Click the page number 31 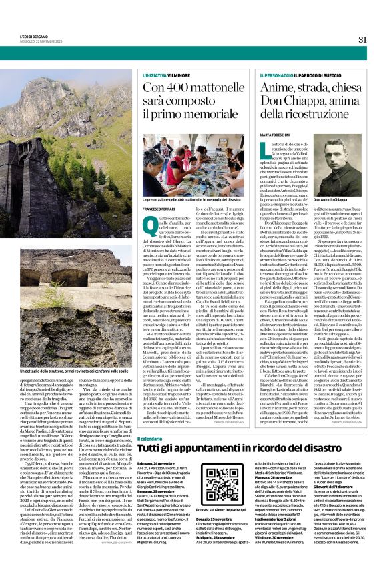(363, 39)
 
